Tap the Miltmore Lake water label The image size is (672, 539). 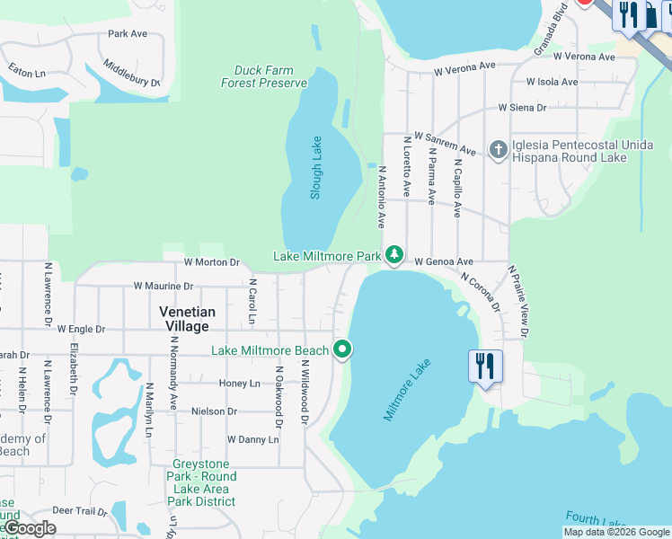[x=408, y=390]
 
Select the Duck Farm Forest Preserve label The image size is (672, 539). [x=264, y=76]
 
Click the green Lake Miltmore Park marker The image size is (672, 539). [x=393, y=256]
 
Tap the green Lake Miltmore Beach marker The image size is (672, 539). [x=342, y=349]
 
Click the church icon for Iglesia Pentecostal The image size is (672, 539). [x=499, y=149]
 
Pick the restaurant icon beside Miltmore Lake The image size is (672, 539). [x=485, y=367]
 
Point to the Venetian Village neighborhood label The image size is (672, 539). [x=187, y=318]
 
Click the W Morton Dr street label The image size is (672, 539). [x=212, y=262]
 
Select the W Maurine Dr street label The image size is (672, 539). [x=164, y=286]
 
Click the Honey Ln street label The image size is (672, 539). [x=240, y=384]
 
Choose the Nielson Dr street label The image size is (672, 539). [x=214, y=411]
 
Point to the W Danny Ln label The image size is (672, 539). [x=253, y=440]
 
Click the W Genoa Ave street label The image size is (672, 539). [x=444, y=262]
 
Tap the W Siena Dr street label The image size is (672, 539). [x=523, y=108]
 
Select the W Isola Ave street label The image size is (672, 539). [x=552, y=82]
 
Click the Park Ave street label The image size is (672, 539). [x=128, y=34]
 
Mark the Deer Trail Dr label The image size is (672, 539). [x=80, y=510]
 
